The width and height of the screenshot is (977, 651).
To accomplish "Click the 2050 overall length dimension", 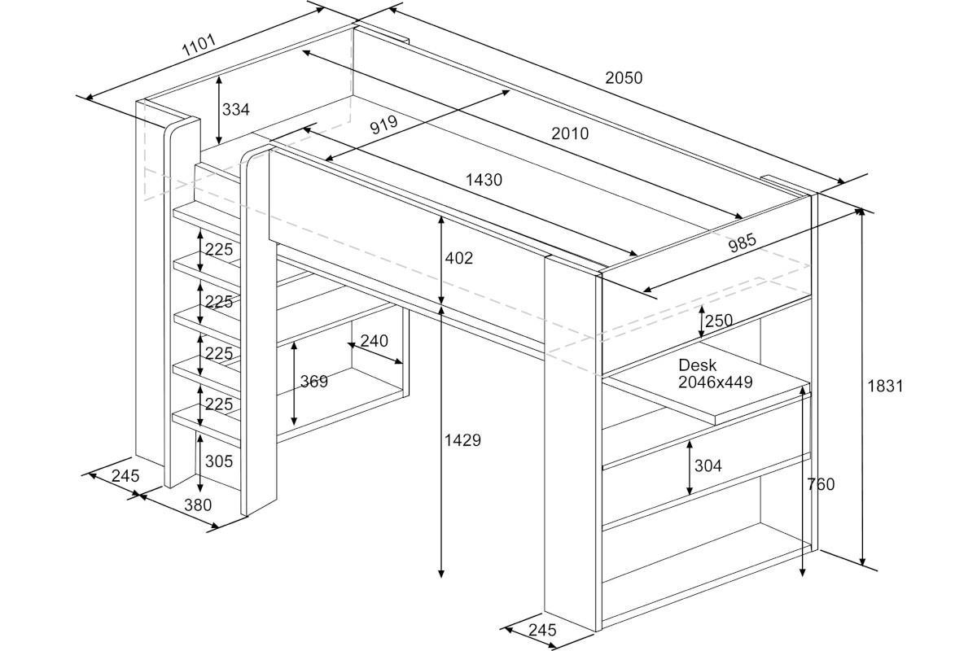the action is tap(624, 78).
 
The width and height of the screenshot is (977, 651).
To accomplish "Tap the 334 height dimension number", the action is tap(235, 109).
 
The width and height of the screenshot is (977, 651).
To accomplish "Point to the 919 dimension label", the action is tap(383, 125).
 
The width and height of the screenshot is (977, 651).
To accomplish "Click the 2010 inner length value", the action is tap(569, 133).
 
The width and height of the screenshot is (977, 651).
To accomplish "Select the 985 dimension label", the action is tap(743, 242).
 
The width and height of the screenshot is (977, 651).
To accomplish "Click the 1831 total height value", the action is tap(885, 387).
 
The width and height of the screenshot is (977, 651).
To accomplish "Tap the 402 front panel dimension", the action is tap(458, 259).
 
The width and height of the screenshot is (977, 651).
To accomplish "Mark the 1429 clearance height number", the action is tap(462, 440).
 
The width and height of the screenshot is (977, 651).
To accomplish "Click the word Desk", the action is tap(698, 365).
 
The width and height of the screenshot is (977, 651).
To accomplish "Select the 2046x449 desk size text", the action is tap(716, 382).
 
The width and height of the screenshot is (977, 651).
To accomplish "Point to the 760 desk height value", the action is tap(821, 485).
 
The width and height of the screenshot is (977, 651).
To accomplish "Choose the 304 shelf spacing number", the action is tap(708, 466).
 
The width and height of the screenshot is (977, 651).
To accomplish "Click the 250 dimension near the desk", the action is tap(719, 321).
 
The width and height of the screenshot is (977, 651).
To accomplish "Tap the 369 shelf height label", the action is tap(314, 382).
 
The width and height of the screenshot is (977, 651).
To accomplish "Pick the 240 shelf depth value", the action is tap(374, 341).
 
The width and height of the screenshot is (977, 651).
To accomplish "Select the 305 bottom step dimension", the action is tap(218, 461).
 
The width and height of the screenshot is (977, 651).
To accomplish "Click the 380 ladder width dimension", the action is tap(197, 505).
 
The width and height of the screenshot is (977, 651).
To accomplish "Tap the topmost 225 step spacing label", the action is tap(218, 250).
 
